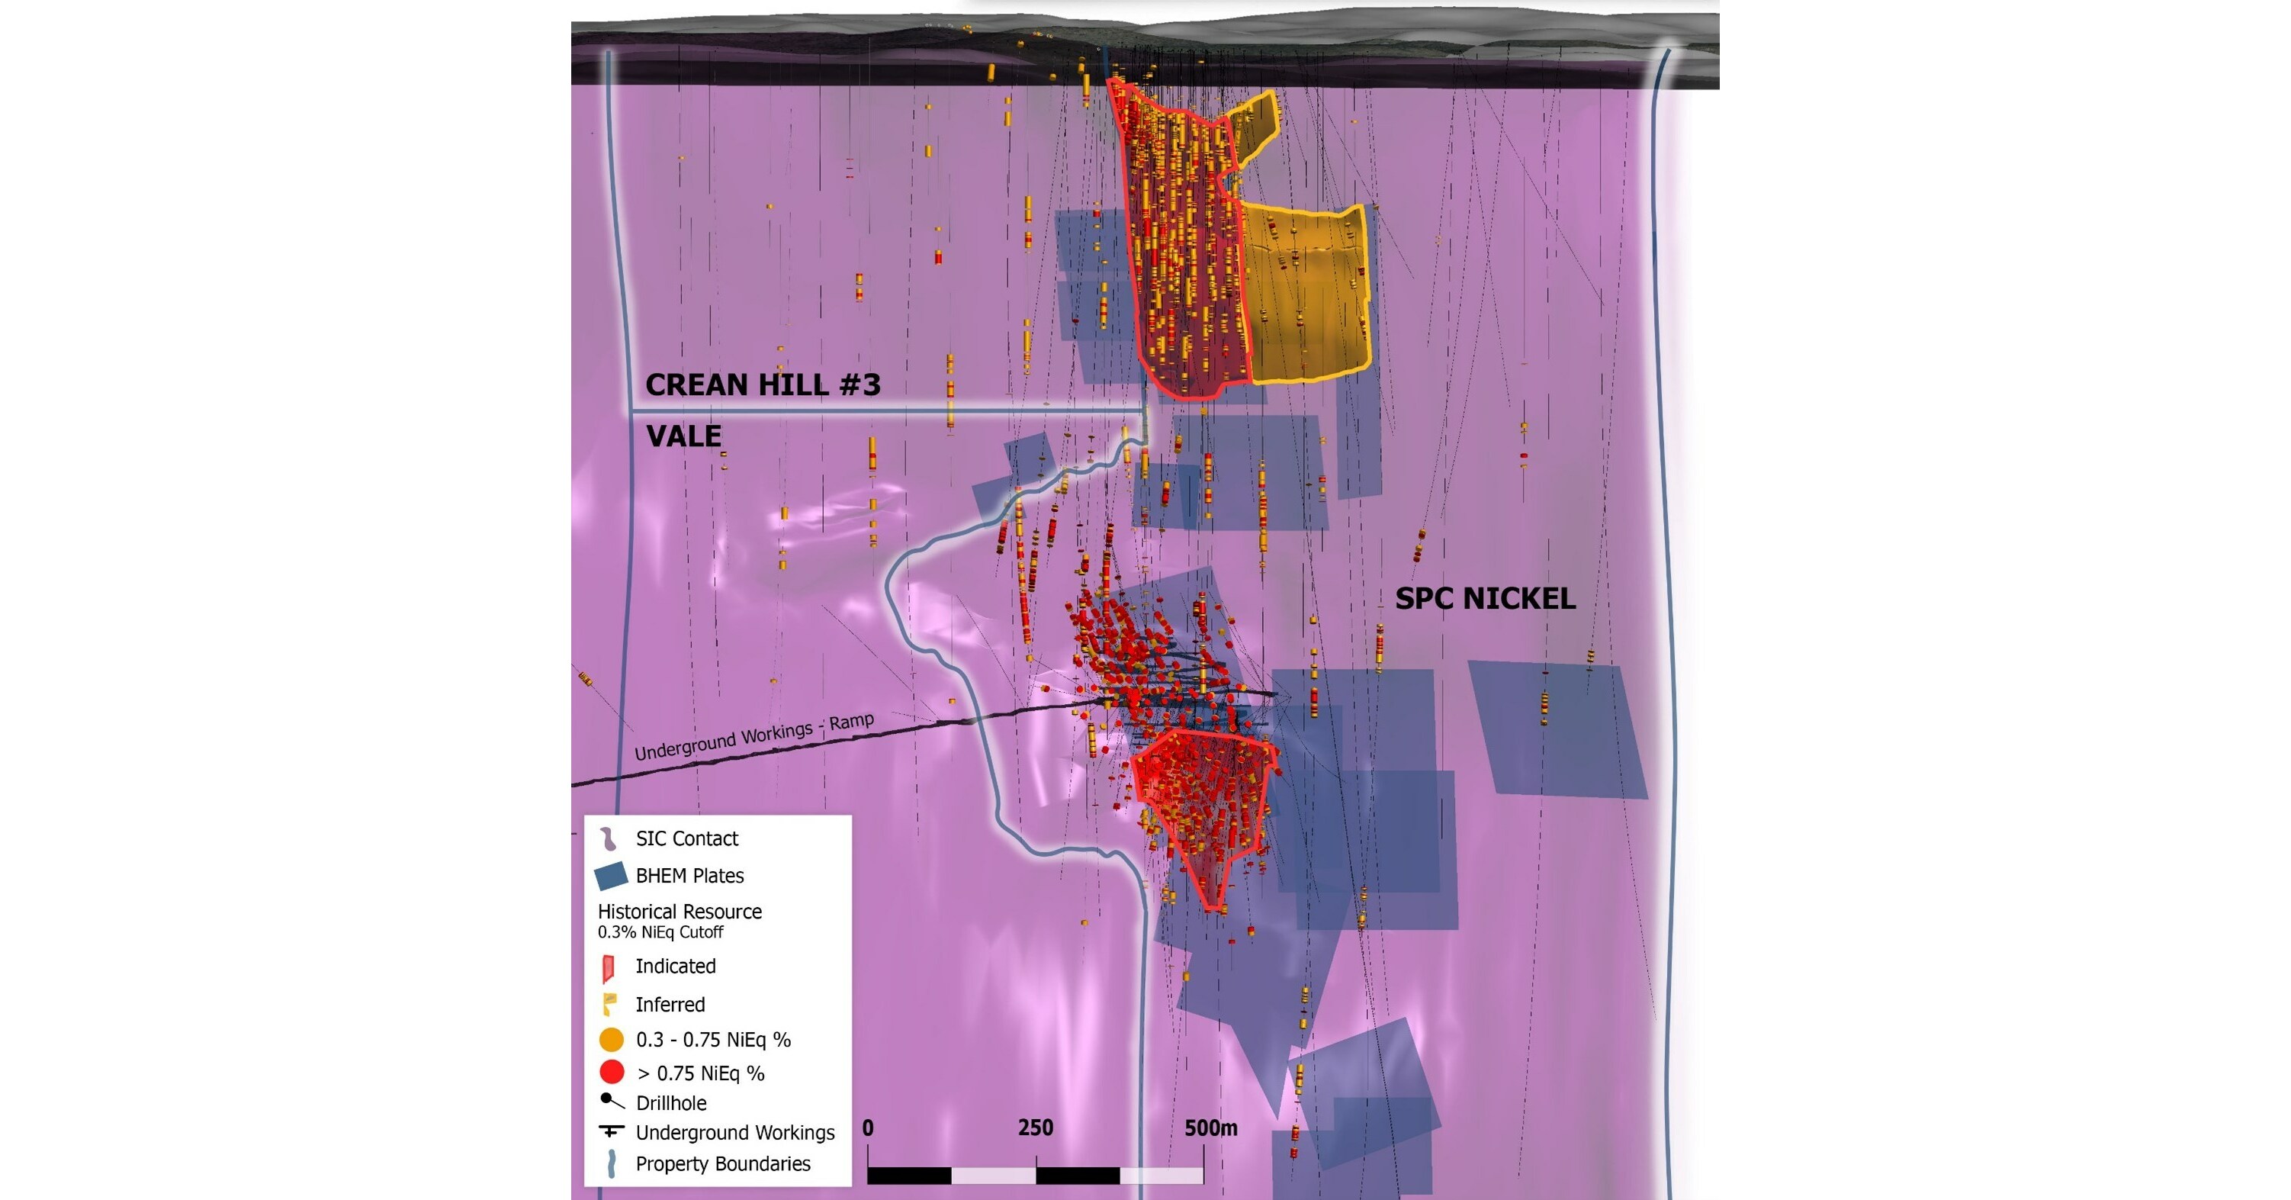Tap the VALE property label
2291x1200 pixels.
683,436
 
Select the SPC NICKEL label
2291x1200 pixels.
1484,599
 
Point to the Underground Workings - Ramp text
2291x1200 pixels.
753,736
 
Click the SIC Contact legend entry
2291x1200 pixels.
686,838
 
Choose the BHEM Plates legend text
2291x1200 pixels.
689,875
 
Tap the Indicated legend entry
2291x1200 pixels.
675,966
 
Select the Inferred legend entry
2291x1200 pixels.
670,1004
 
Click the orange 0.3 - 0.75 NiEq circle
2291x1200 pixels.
611,1039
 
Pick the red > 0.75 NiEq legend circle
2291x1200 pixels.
611,1072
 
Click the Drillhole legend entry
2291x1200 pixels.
670,1103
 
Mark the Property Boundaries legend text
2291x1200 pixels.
722,1163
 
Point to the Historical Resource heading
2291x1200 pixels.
680,912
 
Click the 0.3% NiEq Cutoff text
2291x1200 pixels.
660,932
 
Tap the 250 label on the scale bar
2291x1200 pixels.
1035,1128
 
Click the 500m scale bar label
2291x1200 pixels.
1210,1128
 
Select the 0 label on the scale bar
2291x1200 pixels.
868,1128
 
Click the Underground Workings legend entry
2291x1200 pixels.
734,1132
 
